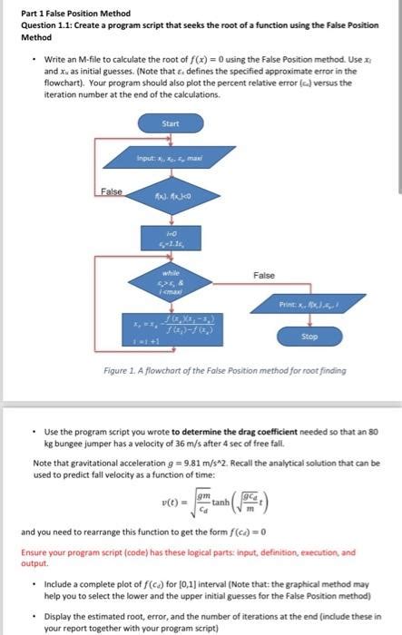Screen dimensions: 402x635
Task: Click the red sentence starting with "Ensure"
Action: tap(181, 556)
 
